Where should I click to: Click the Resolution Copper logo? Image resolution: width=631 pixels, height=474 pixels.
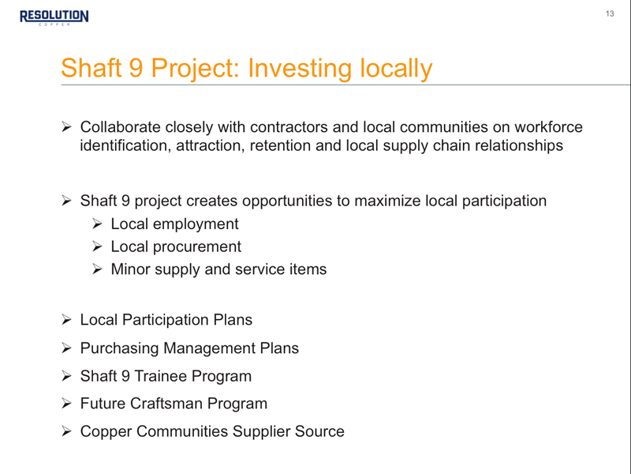tap(54, 17)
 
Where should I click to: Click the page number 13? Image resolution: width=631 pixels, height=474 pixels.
tap(610, 13)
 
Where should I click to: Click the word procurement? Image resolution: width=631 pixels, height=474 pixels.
tap(196, 246)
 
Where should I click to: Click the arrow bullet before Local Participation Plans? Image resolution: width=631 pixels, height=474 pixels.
tap(66, 320)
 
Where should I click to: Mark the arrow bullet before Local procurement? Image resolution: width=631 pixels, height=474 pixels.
tap(97, 246)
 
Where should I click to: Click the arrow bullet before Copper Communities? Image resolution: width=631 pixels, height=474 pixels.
tap(66, 431)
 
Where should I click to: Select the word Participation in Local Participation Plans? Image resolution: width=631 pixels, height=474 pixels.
tap(166, 320)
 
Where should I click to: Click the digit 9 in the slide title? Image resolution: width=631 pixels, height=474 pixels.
tap(136, 68)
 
